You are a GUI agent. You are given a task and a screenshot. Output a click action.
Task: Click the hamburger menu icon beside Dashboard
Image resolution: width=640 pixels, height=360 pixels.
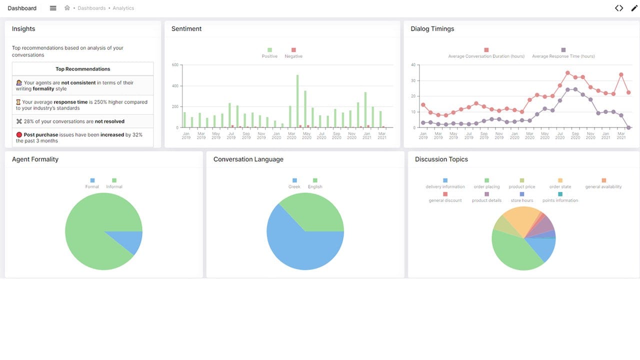[x=53, y=8]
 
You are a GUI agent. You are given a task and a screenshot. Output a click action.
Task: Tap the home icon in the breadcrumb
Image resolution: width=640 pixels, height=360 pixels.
[x=67, y=8]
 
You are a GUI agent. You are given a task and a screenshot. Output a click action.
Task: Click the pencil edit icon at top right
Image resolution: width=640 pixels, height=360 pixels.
[x=634, y=8]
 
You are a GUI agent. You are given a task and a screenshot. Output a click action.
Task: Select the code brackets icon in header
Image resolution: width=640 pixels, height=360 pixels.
[x=619, y=8]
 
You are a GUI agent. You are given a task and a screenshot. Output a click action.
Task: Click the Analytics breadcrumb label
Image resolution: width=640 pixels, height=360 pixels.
[x=123, y=8]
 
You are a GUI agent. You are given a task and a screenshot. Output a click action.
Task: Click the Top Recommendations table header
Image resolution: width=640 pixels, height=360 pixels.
[x=82, y=69]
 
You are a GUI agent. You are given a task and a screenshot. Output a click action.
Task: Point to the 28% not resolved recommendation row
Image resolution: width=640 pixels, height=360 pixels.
[x=82, y=121]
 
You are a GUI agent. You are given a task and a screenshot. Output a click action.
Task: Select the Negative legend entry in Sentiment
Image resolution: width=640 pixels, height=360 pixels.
[x=293, y=53]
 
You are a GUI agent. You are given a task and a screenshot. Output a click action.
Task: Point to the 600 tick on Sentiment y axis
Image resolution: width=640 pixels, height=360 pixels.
[x=175, y=65]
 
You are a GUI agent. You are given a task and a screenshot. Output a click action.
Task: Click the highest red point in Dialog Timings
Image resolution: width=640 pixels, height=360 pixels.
[x=567, y=73]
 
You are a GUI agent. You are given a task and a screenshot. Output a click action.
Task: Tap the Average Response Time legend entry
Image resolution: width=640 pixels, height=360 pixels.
[x=563, y=53]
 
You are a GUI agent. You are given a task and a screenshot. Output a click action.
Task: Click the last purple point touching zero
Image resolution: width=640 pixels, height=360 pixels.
[x=628, y=127]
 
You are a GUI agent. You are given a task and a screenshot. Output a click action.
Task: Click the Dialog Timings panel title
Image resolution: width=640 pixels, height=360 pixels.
[x=432, y=29]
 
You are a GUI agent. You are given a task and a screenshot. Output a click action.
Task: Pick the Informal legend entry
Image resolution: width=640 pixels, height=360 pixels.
[x=114, y=183]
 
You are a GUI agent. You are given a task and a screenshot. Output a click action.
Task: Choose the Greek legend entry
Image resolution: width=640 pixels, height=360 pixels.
[x=294, y=183]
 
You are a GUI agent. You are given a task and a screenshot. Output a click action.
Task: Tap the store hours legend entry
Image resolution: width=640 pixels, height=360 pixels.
[x=521, y=197]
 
